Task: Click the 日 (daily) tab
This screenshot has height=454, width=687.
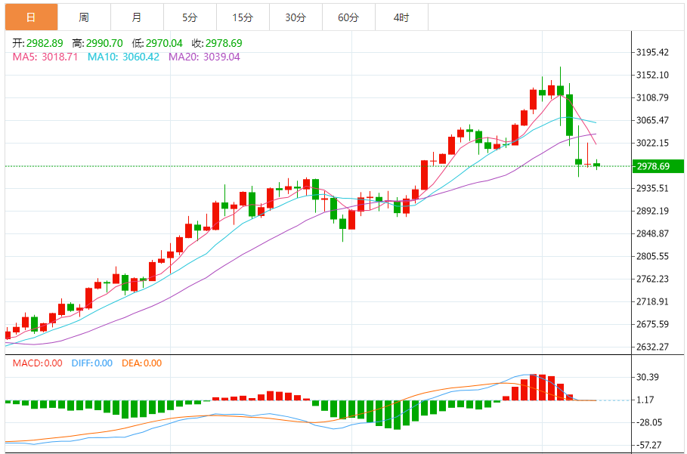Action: (30, 17)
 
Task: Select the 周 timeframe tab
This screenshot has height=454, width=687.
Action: (83, 17)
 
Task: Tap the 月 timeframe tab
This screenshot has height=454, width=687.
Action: (136, 17)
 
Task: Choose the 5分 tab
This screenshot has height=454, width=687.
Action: (189, 17)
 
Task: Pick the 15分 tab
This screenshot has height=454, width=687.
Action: (242, 17)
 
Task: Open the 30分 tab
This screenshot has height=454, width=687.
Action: (296, 17)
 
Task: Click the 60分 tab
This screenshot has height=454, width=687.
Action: (348, 17)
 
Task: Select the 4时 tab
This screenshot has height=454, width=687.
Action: (401, 17)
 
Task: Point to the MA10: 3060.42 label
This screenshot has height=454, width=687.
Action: (123, 57)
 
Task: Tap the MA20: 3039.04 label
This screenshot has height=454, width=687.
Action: (204, 57)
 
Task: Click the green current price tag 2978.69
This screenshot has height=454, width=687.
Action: (656, 166)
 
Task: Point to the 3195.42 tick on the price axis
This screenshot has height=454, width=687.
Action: (653, 52)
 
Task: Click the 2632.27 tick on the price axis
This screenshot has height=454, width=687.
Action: (653, 347)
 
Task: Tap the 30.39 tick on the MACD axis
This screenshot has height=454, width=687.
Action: (648, 377)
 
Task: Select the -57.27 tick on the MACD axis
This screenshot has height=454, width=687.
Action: (648, 445)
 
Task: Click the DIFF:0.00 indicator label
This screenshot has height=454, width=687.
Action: (91, 363)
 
